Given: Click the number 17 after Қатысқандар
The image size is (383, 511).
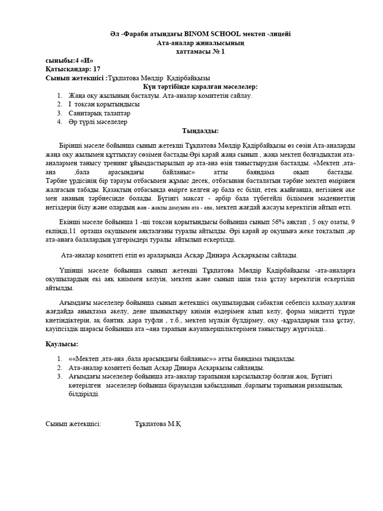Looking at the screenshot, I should click(x=96, y=69).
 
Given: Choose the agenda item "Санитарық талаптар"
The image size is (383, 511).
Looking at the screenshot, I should click(x=92, y=113).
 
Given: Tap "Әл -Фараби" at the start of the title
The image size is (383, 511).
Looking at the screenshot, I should click(x=132, y=33).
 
